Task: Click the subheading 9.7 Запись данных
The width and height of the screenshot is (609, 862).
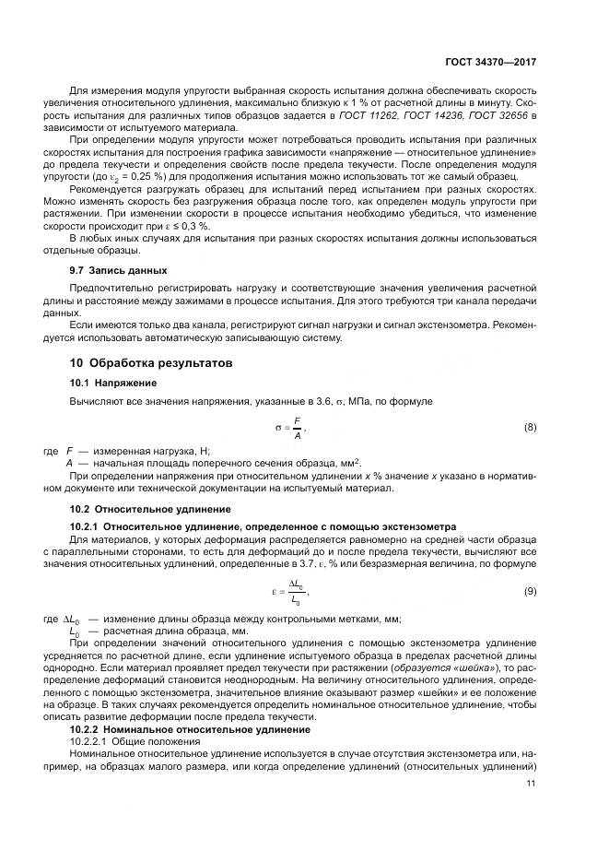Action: coord(119,270)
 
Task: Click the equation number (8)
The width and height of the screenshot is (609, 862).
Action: coord(530,427)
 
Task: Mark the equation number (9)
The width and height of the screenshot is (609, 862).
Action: coord(530,589)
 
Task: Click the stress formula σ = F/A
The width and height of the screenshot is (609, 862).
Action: coord(290,428)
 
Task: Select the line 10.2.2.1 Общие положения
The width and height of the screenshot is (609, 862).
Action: coord(128,740)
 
